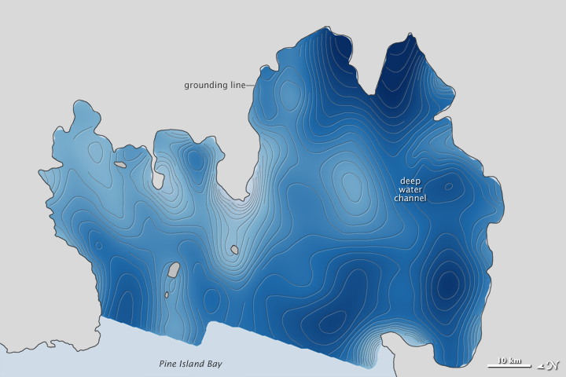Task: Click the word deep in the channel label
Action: [x=410, y=180]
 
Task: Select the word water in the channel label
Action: [x=410, y=189]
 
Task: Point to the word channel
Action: [x=410, y=199]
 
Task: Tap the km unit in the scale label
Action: [x=516, y=361]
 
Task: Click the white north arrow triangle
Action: [x=541, y=364]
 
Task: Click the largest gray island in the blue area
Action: [x=174, y=270]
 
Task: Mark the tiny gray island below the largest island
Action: [x=167, y=295]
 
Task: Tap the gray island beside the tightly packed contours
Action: [x=234, y=251]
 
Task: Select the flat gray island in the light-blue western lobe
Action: [x=120, y=165]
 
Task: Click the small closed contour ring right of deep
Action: [x=448, y=187]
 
